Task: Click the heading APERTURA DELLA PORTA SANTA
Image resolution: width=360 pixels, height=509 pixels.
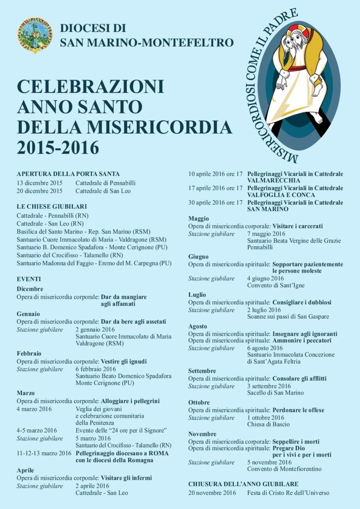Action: [68, 174]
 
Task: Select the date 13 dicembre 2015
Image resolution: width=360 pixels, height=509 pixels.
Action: [39, 182]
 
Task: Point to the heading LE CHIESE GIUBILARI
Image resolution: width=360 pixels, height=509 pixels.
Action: [52, 206]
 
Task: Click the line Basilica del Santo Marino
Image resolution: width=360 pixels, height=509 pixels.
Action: [83, 232]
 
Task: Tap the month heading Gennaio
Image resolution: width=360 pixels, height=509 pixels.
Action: [28, 314]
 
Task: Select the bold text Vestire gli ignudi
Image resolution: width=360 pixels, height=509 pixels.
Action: [123, 361]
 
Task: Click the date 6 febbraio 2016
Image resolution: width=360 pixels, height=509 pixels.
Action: [95, 369]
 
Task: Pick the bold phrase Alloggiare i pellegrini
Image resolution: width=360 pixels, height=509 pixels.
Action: [130, 401]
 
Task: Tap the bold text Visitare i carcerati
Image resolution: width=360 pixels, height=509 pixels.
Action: [298, 226]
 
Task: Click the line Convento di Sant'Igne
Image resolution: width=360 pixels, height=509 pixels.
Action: [275, 285]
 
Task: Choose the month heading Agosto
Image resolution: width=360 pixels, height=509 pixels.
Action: [198, 326]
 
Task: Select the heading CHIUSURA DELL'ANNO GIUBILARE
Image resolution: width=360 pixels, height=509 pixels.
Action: [243, 484]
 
